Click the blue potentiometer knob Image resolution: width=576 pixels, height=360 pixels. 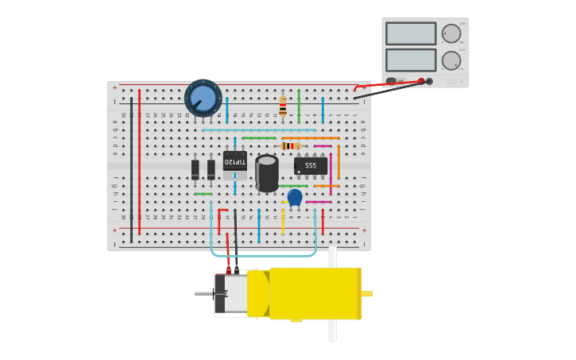tap(203, 98)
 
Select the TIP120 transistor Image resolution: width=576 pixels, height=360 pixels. tap(234, 161)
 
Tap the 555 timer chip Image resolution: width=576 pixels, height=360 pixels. tap(311, 165)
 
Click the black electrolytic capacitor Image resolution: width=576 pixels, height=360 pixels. tap(267, 172)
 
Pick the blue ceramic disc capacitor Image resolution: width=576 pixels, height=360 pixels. tap(295, 196)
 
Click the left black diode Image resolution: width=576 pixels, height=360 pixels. tap(195, 169)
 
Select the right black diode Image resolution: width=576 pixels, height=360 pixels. tap(211, 169)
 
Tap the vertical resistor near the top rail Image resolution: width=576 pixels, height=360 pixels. tap(283, 106)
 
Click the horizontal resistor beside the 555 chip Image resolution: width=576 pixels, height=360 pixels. tap(291, 146)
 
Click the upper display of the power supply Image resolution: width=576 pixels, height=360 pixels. tap(411, 33)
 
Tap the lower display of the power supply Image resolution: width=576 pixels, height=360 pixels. tap(411, 60)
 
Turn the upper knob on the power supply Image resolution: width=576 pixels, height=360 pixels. tap(450, 33)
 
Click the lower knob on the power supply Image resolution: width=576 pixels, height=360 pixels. tap(450, 60)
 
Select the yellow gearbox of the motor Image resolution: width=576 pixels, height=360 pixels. tap(315, 293)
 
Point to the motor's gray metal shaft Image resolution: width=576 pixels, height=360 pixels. tap(205, 294)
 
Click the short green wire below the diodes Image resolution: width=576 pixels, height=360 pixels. tap(203, 194)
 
